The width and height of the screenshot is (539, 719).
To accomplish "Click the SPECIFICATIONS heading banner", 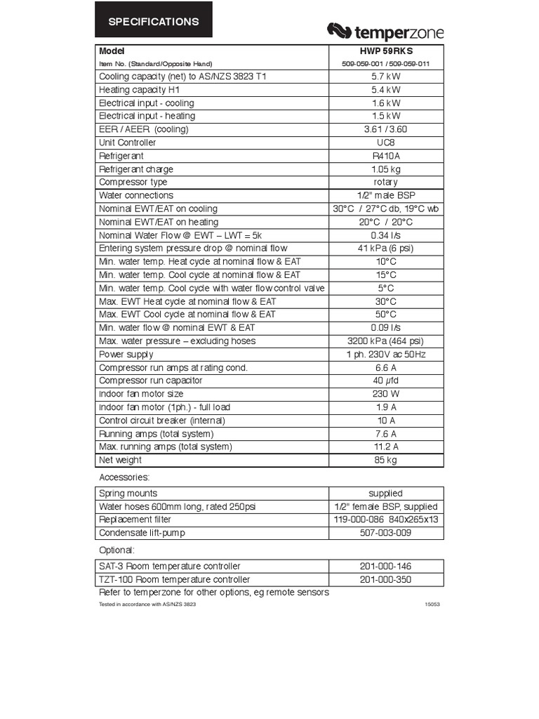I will (153, 22).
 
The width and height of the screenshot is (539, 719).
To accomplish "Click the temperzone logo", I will (385, 32).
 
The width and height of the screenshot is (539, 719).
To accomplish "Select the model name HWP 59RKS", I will (386, 51).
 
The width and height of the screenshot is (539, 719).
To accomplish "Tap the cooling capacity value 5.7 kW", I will (386, 77).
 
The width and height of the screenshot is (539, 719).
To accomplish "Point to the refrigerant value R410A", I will (386, 156).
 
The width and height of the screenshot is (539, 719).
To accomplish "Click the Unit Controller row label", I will (128, 143).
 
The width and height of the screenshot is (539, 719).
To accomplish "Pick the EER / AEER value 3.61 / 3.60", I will (386, 129).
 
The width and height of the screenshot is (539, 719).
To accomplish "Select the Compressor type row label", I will (133, 183).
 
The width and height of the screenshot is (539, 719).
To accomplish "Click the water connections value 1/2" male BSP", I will (386, 195).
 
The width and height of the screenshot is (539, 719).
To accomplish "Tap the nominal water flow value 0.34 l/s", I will (386, 235).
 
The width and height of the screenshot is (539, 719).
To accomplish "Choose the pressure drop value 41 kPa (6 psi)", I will (386, 249).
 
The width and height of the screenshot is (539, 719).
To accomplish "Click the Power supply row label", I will (126, 355).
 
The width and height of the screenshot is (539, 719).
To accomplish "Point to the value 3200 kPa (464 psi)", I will (386, 341).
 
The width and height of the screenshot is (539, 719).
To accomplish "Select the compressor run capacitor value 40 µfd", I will (386, 381).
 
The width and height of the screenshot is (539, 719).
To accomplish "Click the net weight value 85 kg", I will (386, 460).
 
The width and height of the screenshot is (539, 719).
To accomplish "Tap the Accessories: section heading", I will (124, 477).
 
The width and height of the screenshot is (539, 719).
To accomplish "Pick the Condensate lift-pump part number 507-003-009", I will (386, 533).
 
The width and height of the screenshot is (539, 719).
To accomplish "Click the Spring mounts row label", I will (128, 494).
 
